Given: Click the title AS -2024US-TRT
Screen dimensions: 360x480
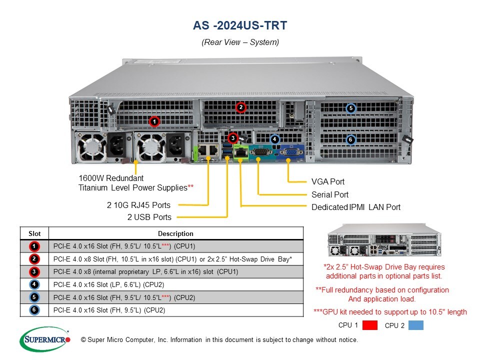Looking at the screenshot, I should tap(240, 25).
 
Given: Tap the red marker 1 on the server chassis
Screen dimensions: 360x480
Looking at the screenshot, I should tap(154, 121).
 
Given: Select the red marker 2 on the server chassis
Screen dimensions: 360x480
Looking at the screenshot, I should tap(240, 107).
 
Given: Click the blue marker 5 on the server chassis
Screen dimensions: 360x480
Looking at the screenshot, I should tap(351, 108).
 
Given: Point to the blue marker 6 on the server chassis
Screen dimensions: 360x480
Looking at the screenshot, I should tap(351, 139).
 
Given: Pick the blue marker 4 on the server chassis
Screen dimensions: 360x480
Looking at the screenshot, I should tap(274, 138).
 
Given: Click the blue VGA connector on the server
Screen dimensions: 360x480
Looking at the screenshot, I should tap(289, 152).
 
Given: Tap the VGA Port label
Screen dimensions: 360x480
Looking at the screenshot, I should tap(328, 182).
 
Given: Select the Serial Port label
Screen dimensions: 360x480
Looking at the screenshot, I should tap(330, 194).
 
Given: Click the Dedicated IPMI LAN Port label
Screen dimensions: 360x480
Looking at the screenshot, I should tap(356, 207).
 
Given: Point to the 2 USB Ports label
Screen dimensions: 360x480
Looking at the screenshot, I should tap(149, 217).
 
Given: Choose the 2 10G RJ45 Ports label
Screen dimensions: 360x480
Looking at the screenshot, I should tap(138, 205).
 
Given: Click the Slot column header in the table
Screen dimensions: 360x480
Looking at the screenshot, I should tap(34, 233).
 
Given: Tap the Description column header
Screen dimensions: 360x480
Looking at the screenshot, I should tap(175, 233).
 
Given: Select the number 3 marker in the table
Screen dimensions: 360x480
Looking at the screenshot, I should tap(33, 271).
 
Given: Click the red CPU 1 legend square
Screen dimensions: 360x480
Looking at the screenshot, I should tap(370, 325).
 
